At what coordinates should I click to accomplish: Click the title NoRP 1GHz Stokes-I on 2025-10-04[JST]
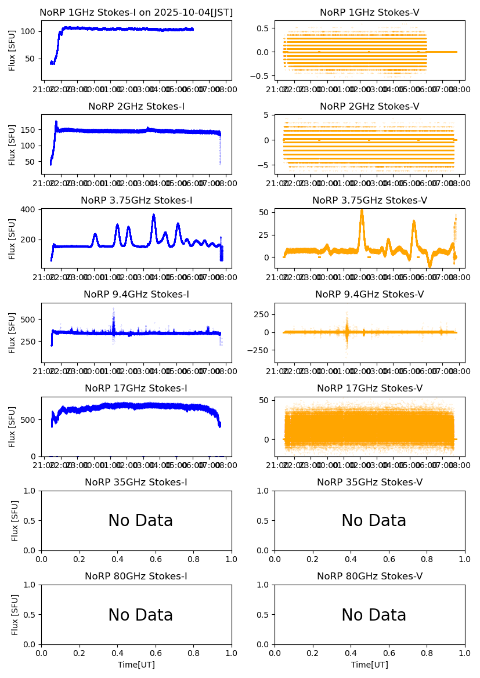[136, 12]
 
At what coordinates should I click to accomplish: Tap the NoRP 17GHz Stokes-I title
[136, 389]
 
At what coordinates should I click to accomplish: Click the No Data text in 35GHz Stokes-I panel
[140, 521]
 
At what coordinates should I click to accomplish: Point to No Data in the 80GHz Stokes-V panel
[374, 615]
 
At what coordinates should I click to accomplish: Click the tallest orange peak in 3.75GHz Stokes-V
[362, 211]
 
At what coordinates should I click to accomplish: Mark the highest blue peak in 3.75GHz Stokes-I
[154, 215]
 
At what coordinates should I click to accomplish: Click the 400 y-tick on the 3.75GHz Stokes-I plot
[30, 209]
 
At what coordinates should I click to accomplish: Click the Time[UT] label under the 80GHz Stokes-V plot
[370, 665]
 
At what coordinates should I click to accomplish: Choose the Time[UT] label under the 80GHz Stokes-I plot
[136, 665]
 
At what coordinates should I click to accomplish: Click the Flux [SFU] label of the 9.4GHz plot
[12, 332]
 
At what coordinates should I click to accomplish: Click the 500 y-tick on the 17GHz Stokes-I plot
[30, 419]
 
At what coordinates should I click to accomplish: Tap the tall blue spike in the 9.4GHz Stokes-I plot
[113, 309]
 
